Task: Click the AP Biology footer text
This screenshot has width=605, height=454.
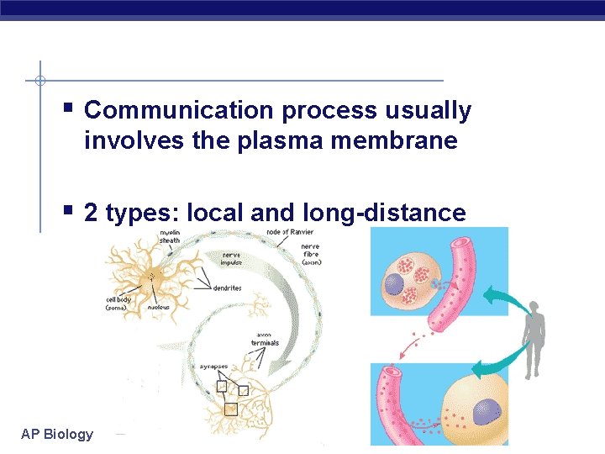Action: coord(57,434)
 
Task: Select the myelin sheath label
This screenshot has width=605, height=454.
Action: coord(170,236)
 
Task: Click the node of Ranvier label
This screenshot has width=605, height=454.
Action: coord(290,232)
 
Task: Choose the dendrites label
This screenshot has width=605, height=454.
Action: coord(227,288)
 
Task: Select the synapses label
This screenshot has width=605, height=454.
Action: coord(213,367)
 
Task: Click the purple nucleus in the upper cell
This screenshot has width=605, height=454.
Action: coord(395,285)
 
